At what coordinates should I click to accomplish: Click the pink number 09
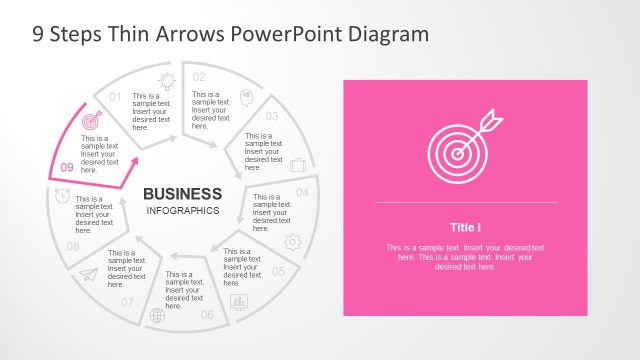point(66,168)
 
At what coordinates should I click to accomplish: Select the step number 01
point(115,97)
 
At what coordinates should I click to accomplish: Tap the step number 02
point(199,77)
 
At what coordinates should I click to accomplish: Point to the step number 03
point(271,116)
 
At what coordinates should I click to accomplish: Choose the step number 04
point(302,191)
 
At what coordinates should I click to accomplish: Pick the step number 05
point(278,271)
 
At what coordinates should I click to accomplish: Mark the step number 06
point(207,315)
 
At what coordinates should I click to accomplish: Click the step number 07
point(127,301)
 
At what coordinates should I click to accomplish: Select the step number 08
point(72,245)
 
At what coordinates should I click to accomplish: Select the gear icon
point(292,241)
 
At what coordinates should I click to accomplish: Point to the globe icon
point(156,316)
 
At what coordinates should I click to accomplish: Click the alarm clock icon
point(62,197)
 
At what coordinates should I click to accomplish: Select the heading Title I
point(465,227)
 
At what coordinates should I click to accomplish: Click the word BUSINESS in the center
point(183,193)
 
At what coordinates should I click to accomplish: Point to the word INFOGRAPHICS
point(183,211)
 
